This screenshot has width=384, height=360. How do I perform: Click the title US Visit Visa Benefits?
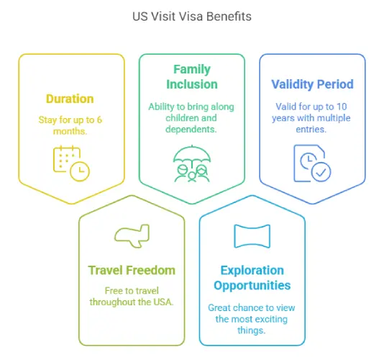pos(192,16)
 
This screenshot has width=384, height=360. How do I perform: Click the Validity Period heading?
pos(313,84)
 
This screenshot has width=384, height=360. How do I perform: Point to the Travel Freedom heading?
pos(132,270)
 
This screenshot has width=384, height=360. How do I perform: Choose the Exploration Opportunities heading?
pos(252,278)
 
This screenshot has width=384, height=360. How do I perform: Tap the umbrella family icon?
pos(192,161)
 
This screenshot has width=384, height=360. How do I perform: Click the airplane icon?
pos(131,235)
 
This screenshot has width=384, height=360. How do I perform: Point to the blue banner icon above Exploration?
pos(252,235)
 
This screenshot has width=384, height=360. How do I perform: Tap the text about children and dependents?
pos(192,119)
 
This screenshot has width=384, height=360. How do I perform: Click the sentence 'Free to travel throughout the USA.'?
pos(132,297)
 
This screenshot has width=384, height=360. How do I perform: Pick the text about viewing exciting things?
pos(252,319)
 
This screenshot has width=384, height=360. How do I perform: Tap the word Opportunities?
pos(252,286)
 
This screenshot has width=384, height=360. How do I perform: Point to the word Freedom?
pos(152,270)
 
